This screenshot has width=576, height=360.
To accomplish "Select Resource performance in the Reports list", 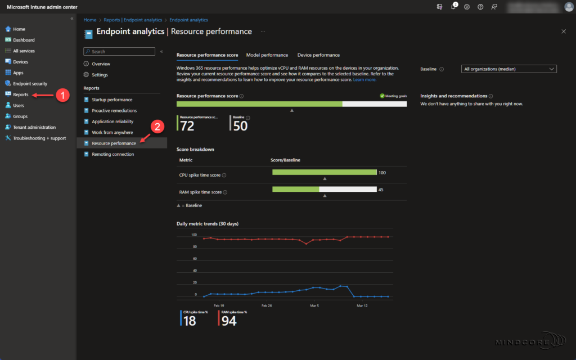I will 114,143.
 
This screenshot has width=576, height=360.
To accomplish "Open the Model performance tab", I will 267,55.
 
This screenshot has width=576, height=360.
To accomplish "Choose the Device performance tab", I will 318,55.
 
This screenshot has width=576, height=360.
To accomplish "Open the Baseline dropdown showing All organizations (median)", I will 508,69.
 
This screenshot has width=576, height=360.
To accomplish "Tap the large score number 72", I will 187,127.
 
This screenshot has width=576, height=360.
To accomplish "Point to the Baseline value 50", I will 240,127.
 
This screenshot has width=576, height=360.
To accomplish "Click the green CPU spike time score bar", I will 324,172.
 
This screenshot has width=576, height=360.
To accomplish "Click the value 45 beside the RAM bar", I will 381,190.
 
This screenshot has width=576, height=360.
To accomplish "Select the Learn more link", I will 364,80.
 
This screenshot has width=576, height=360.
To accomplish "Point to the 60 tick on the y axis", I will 195,259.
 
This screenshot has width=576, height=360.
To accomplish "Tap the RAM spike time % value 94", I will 229,321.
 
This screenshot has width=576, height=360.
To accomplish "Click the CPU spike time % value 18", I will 190,321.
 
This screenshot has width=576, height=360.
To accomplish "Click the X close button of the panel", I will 564,31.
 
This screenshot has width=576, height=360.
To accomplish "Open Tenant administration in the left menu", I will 34,127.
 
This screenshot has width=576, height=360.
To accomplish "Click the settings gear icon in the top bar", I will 467,7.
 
